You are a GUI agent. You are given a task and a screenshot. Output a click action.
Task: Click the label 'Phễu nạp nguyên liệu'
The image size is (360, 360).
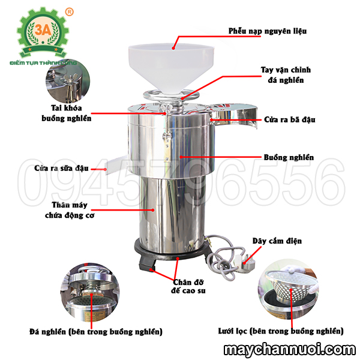(268, 31)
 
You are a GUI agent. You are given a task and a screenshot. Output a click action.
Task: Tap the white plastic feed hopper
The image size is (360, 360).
(171, 67)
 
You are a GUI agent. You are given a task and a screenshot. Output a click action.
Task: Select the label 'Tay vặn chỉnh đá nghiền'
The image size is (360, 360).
(286, 75)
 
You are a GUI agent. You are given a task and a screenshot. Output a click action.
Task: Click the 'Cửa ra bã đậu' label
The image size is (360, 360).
(290, 119)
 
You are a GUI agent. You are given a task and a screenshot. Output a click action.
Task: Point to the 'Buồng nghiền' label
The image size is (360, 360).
(289, 157)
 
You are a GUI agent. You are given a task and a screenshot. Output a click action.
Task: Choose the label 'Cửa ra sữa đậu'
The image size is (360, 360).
(61, 168)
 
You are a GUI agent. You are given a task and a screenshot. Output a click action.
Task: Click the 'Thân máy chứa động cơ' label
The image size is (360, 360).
(70, 210)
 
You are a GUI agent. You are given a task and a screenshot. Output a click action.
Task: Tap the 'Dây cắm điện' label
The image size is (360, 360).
(277, 241)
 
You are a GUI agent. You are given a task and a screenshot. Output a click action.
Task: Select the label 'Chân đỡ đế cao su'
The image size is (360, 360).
(188, 286)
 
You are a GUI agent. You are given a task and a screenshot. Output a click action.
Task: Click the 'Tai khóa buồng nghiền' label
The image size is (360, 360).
(67, 113)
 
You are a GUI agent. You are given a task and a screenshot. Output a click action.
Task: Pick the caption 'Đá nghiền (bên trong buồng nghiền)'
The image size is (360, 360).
(96, 332)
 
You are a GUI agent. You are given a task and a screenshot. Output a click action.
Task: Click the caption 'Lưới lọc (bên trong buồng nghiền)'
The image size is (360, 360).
(281, 331)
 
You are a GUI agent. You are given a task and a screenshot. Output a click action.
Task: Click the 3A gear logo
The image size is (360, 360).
(43, 32)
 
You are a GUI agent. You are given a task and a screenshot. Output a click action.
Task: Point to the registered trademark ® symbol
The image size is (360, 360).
(70, 12)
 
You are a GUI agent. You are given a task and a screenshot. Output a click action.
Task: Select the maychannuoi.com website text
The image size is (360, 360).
(290, 350)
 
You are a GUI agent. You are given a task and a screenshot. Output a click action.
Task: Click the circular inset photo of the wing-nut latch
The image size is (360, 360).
(68, 81)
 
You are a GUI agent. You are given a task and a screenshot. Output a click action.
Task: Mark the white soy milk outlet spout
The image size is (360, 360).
(116, 164)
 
